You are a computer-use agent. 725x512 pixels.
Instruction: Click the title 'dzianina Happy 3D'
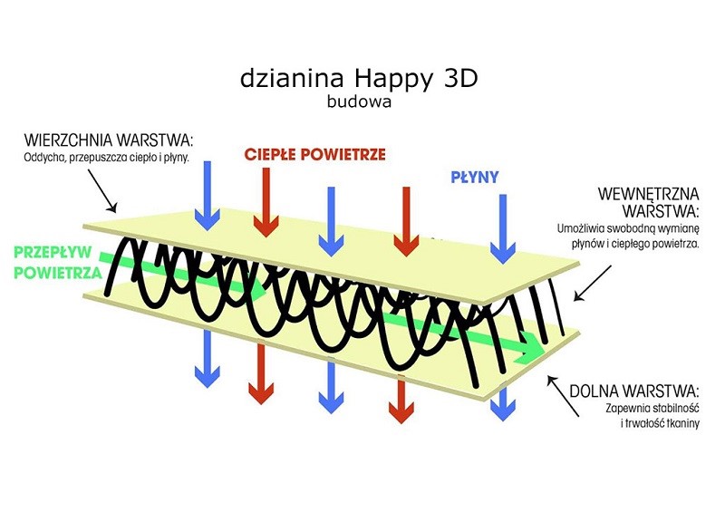tap(359, 80)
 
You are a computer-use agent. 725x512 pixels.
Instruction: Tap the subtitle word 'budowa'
tap(359, 101)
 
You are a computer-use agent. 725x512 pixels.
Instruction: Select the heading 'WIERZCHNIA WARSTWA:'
tap(108, 140)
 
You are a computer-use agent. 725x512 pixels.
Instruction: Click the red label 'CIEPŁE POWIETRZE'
tap(314, 154)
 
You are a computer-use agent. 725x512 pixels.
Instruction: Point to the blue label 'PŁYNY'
tap(474, 177)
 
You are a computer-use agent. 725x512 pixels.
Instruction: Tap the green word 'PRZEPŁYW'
tap(53, 253)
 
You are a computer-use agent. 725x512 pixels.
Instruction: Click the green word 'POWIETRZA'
tap(58, 273)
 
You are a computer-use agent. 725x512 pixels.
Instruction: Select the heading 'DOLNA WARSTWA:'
tap(633, 391)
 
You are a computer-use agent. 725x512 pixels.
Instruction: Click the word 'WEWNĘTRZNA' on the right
tap(648, 194)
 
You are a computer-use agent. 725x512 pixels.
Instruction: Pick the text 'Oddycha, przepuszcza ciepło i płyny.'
tap(107, 158)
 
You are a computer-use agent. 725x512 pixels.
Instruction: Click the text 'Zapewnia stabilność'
tap(652, 409)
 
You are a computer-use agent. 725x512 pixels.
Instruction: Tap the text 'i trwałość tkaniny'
tap(661, 423)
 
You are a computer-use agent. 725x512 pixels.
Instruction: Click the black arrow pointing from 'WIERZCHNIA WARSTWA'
tap(101, 191)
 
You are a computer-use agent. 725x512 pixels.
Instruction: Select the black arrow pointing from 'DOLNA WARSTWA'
tap(563, 396)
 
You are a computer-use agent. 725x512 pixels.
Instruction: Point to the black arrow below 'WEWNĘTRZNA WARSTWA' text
tap(593, 283)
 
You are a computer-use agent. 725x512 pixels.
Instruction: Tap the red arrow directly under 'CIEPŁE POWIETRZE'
tap(266, 202)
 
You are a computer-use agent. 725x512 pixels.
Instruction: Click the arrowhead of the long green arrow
tap(531, 347)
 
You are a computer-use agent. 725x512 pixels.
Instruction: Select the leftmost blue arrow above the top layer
tap(208, 196)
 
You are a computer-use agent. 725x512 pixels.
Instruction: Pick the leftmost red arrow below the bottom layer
tap(261, 374)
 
